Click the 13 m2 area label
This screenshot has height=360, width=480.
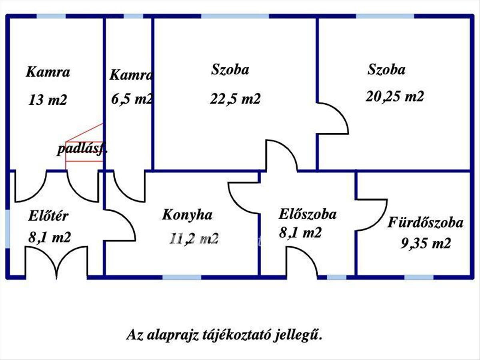tap(48, 100)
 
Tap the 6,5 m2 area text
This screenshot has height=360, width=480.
tap(132, 99)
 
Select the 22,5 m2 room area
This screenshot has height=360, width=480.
tap(235, 98)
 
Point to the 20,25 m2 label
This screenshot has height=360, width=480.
tap(395, 96)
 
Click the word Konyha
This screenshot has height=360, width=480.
tap(187, 215)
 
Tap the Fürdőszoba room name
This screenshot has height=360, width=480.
tap(425, 222)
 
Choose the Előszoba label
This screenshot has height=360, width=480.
tap(308, 214)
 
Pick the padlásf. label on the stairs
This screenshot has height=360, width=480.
tap(82, 149)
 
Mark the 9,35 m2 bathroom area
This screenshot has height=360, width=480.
tap(426, 243)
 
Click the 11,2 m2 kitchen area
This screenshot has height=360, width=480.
tap(194, 238)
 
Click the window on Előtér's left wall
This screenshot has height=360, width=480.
tap(8, 229)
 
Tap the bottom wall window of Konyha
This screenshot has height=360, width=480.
tap(182, 277)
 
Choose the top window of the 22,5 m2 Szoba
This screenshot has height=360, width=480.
tap(235, 16)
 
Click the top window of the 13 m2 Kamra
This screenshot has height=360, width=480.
tap(51, 16)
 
